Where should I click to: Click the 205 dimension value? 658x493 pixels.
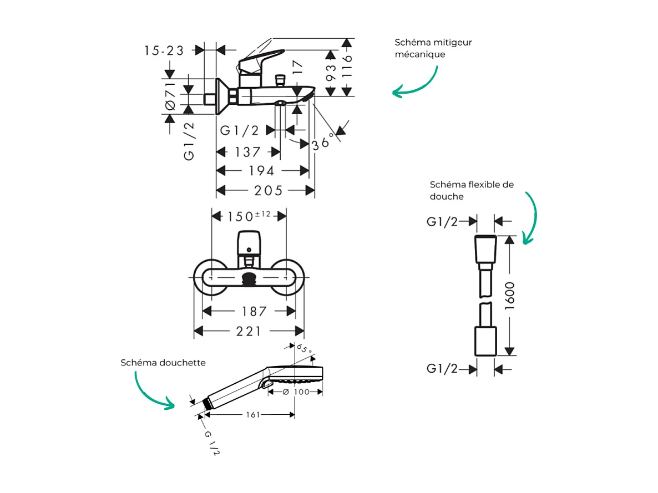pyautogui.click(x=269, y=191)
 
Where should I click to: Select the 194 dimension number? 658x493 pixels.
pyautogui.click(x=261, y=171)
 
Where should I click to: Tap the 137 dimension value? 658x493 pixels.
pyautogui.click(x=247, y=152)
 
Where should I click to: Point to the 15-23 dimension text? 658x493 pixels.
pyautogui.click(x=164, y=50)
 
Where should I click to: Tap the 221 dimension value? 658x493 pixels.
pyautogui.click(x=249, y=332)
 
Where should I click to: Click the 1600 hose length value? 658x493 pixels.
pyautogui.click(x=510, y=296)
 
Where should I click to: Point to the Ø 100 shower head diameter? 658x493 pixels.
pyautogui.click(x=295, y=392)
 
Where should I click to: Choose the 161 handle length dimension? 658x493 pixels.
pyautogui.click(x=252, y=414)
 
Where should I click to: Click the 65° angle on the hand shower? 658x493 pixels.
pyautogui.click(x=305, y=349)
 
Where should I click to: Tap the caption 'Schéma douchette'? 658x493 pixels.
pyautogui.click(x=163, y=363)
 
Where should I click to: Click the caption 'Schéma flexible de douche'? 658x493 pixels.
pyautogui.click(x=472, y=190)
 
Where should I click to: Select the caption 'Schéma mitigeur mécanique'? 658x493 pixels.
pyautogui.click(x=433, y=48)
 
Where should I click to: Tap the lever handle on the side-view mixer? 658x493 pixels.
pyautogui.click(x=261, y=59)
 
